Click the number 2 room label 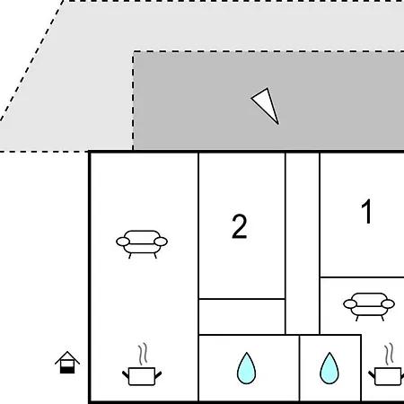240,226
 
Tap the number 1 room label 366,212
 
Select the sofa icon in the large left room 142,244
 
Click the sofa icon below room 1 369,306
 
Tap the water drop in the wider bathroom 246,368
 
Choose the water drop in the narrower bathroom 329,368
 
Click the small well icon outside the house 67,362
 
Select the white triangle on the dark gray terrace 266,104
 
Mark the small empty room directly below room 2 242,317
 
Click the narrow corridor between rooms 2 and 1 303,243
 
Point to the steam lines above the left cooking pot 144,354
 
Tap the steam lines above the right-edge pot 389,354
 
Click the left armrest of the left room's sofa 123,242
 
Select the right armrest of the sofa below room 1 388,304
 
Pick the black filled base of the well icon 67,370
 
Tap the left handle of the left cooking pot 126,374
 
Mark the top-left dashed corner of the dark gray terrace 133,52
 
